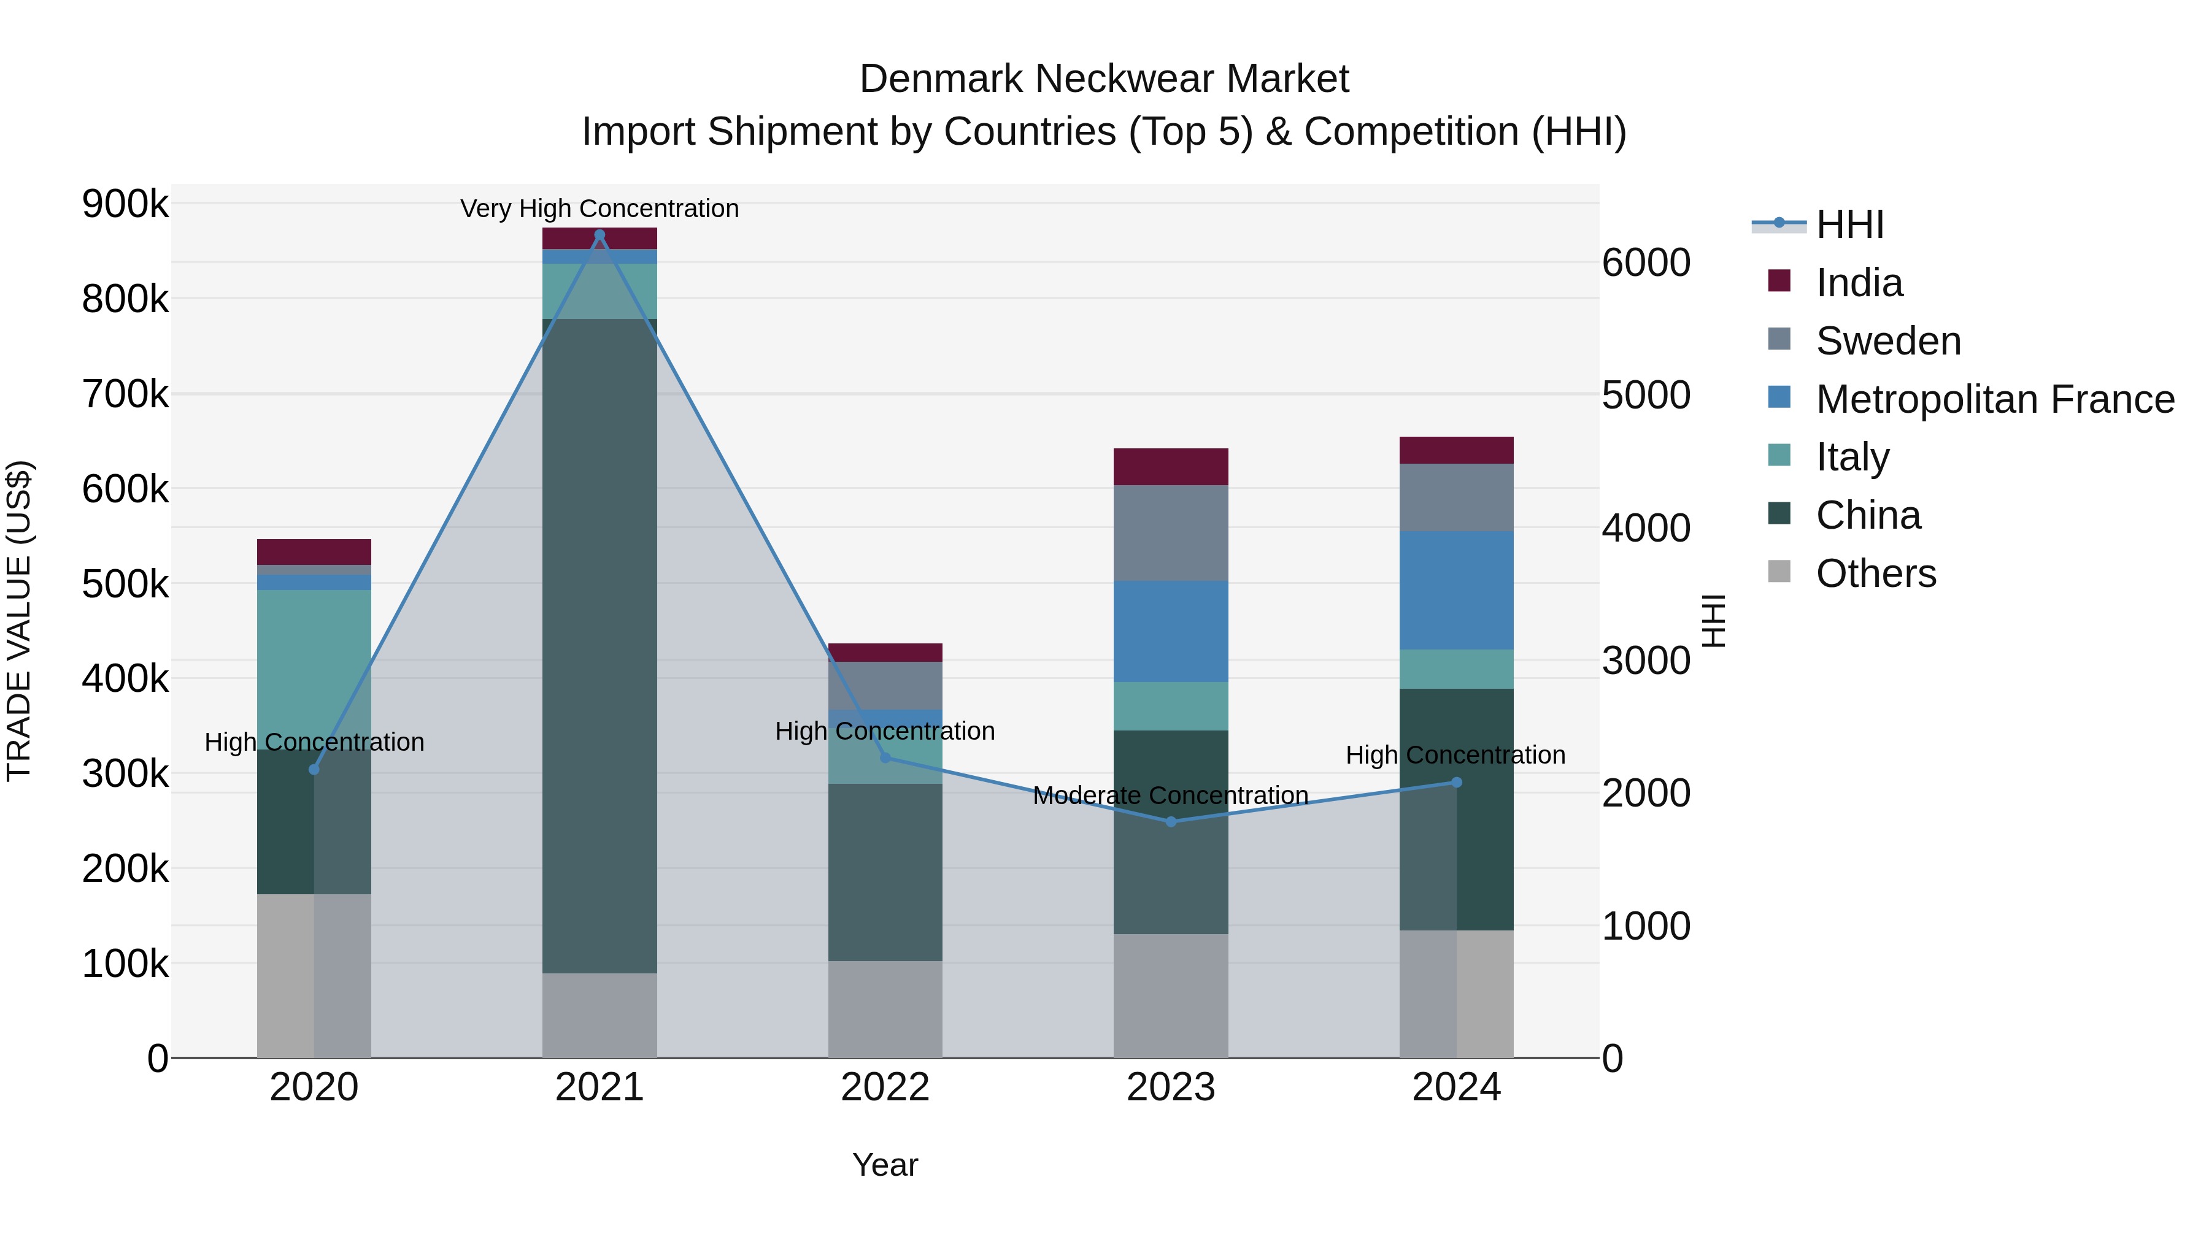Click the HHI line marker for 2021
pyautogui.click(x=599, y=235)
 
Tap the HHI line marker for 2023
pyautogui.click(x=1171, y=821)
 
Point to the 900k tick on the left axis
pyautogui.click(x=125, y=204)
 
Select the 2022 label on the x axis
pyautogui.click(x=885, y=1087)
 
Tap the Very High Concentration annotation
pyautogui.click(x=599, y=209)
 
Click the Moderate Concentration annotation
pyautogui.click(x=1171, y=795)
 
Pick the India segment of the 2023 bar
pyautogui.click(x=1171, y=466)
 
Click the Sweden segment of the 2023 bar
pyautogui.click(x=1171, y=532)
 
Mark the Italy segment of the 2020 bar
pyautogui.click(x=314, y=669)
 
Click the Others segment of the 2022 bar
pyautogui.click(x=885, y=1009)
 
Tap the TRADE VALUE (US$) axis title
pyautogui.click(x=19, y=621)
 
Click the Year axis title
pyautogui.click(x=885, y=1165)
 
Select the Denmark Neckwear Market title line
pyautogui.click(x=1104, y=79)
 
